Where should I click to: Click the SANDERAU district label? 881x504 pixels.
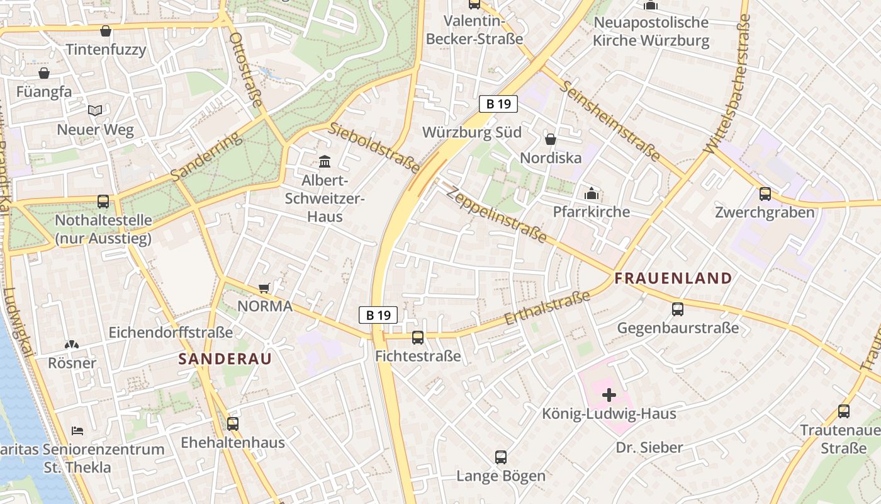pos(225,359)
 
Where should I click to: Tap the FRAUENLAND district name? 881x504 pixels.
pos(673,278)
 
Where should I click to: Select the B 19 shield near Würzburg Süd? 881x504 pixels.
pos(498,104)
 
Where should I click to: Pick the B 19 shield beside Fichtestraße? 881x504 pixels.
pos(378,315)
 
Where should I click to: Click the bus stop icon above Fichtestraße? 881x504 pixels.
pos(418,338)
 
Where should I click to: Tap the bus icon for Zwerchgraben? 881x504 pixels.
pos(765,194)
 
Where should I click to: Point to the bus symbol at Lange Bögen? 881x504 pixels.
pos(501,457)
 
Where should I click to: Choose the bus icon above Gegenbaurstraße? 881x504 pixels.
pos(678,309)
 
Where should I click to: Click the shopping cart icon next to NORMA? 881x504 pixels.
pos(264,288)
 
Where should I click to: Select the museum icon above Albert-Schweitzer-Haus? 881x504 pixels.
pos(325,162)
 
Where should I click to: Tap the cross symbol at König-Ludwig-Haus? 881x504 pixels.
pos(609,395)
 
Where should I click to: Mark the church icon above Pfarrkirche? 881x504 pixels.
pos(591,193)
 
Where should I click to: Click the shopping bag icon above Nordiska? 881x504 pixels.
pos(551,139)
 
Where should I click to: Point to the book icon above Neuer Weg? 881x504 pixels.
pos(95,111)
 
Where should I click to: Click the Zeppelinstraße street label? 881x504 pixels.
pos(497,214)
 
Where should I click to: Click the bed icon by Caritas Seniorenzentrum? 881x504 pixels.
pos(77,431)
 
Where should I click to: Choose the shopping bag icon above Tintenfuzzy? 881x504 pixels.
pos(106,31)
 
